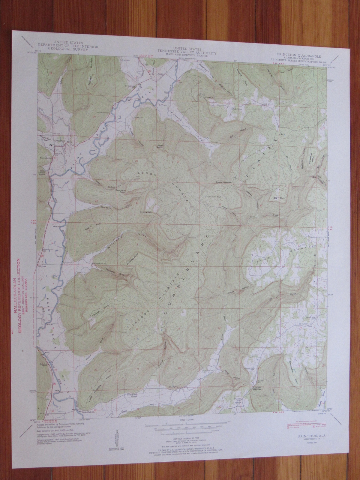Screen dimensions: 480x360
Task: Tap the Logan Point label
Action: (x=160, y=147)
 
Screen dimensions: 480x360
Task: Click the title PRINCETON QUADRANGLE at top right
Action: (x=292, y=56)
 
